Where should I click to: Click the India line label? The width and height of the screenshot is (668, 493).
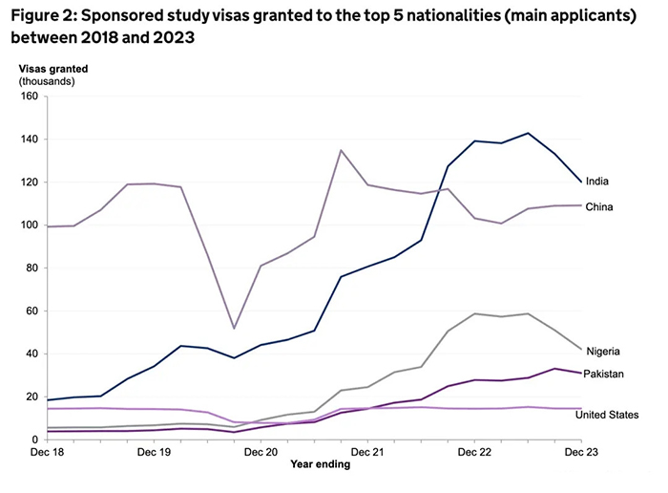(597, 182)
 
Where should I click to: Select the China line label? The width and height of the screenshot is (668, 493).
(599, 207)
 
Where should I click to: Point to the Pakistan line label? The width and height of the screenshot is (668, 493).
(605, 374)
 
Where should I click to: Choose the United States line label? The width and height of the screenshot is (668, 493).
(612, 415)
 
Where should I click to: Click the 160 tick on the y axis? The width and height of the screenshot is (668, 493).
(27, 96)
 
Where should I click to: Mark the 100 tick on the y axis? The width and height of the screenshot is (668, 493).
(27, 225)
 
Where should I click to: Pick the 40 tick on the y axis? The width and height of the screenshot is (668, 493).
(30, 354)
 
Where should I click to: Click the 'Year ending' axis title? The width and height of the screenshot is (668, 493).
(321, 465)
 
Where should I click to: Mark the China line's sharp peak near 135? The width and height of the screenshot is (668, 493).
(342, 150)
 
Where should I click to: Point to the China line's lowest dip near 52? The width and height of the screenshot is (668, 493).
(235, 329)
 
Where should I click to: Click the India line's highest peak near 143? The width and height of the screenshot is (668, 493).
(528, 133)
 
